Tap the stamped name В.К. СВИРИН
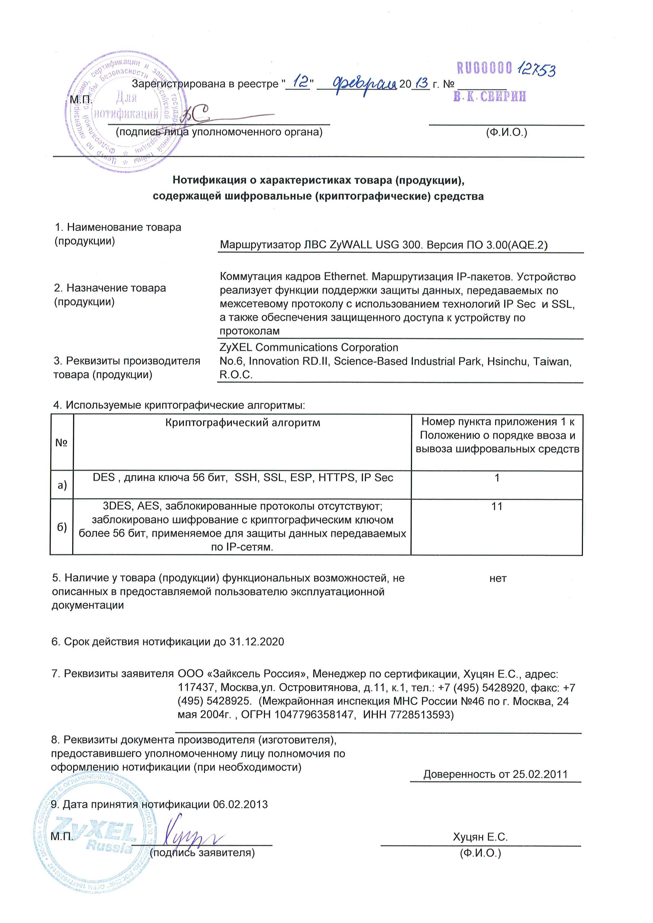489,96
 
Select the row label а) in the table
62,485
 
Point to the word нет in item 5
498,578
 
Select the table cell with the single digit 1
497,478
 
